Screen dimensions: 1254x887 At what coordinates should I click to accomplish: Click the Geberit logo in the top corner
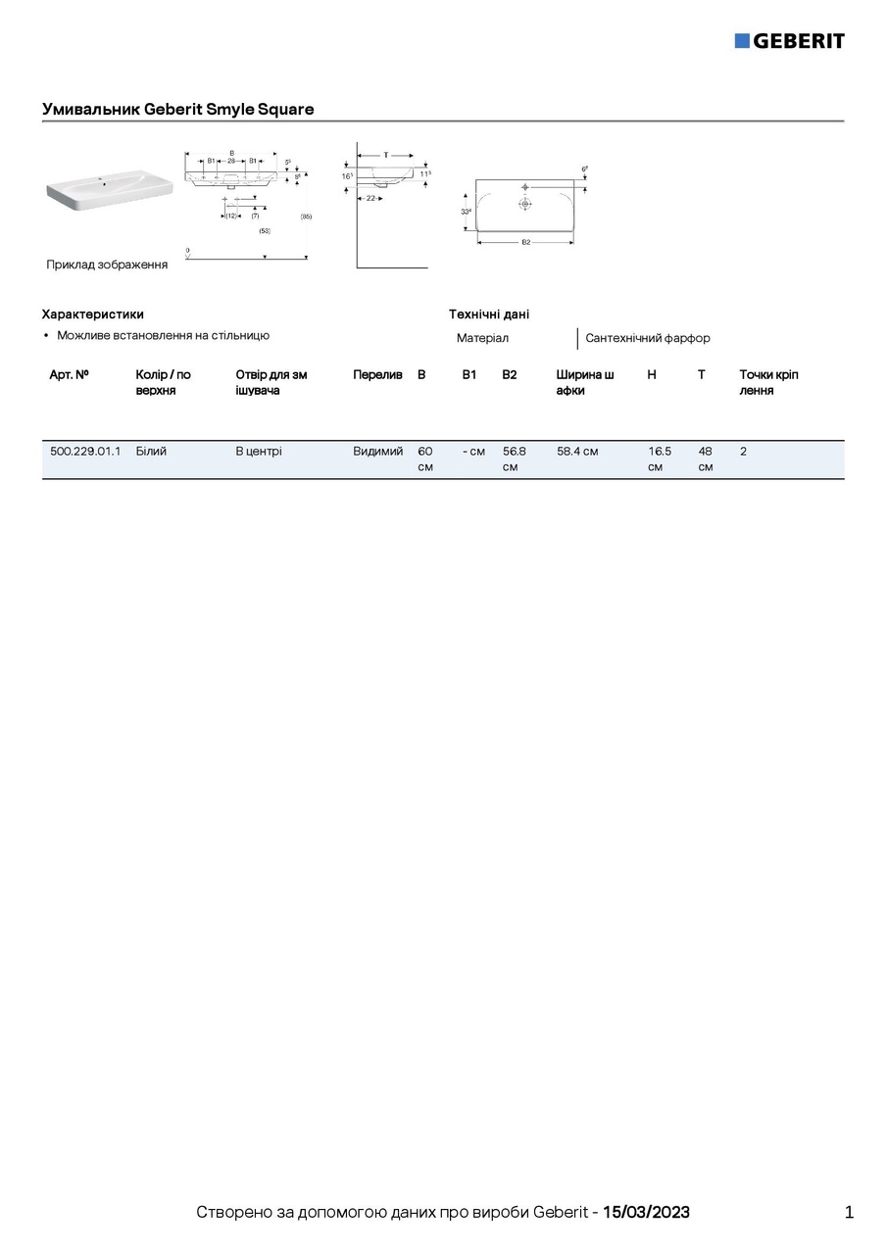click(789, 40)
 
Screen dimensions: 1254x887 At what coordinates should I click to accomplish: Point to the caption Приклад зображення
click(107, 265)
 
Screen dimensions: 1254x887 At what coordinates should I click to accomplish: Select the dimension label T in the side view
click(385, 155)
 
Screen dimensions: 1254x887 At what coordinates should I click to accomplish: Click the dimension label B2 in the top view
click(525, 242)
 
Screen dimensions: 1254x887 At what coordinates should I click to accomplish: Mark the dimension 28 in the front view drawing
click(231, 160)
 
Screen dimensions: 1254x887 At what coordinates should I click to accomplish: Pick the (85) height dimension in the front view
click(306, 216)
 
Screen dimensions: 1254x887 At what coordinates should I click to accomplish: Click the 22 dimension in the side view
click(370, 198)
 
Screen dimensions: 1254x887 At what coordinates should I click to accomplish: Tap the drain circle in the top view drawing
click(525, 205)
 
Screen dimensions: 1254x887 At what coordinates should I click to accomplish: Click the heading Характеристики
click(92, 314)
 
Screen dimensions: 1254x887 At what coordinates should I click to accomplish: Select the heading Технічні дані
click(489, 314)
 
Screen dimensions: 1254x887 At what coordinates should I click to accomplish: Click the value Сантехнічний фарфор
click(647, 338)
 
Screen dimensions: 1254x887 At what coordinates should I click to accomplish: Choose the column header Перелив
click(377, 375)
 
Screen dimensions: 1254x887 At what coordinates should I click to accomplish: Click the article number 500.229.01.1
click(85, 452)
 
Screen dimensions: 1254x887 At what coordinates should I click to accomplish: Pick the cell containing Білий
click(151, 452)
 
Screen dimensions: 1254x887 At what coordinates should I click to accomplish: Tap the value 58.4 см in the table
click(577, 452)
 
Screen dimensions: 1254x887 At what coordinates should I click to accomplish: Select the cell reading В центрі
click(259, 452)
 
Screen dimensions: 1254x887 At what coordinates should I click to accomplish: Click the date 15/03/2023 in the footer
click(646, 1212)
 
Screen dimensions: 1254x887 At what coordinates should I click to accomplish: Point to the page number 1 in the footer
click(849, 1212)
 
